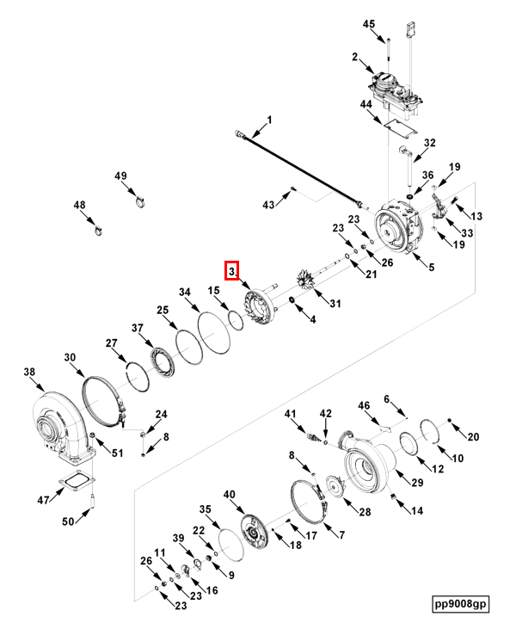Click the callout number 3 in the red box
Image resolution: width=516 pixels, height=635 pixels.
click(231, 271)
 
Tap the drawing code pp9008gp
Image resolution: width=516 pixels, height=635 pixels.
click(461, 604)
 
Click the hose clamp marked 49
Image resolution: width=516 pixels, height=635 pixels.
click(138, 203)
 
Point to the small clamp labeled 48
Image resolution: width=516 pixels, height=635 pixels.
click(97, 229)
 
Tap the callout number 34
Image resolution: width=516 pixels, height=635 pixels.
click(183, 293)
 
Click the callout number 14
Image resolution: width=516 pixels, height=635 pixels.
click(417, 510)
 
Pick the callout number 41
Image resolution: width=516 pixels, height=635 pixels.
click(290, 414)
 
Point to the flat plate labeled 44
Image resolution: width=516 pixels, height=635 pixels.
click(398, 126)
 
